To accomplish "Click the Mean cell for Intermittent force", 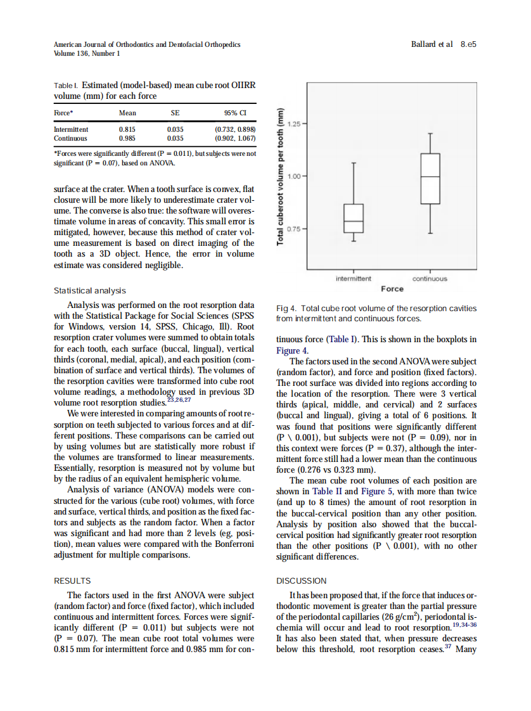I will click(127, 129).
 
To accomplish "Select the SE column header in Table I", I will click(176, 113).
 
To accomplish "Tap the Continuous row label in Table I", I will click(70, 138).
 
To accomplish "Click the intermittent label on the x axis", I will click(354, 279).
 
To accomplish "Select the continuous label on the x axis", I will click(430, 279).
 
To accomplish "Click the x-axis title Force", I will click(392, 289).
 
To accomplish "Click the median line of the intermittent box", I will click(354, 221).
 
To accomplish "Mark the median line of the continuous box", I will click(430, 176).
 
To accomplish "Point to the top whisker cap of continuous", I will click(430, 133).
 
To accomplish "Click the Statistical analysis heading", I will click(89, 291).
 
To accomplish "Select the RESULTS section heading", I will click(72, 580).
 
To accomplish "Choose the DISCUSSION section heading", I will click(302, 580).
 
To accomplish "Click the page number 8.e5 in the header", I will click(468, 44).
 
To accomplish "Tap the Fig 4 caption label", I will click(287, 309).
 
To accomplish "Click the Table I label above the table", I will click(66, 86).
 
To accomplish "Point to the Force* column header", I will click(64, 113).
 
